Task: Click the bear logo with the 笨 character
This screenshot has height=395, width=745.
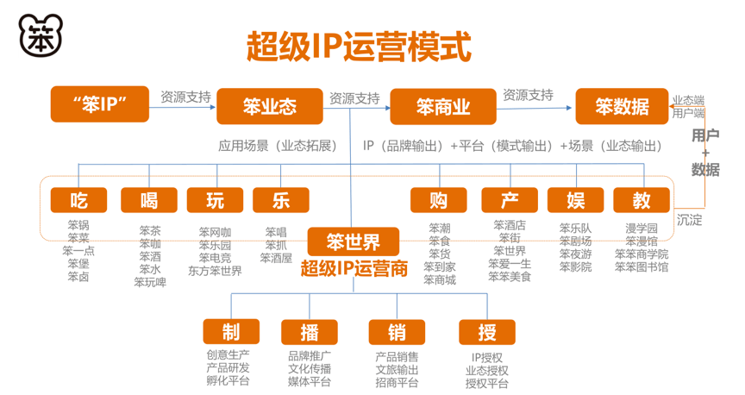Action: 41,35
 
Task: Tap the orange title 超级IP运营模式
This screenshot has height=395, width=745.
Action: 359,47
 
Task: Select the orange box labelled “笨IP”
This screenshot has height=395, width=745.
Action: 100,104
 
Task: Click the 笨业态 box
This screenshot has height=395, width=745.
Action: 270,106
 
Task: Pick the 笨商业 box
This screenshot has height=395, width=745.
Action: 443,106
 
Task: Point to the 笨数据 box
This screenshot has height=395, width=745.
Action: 622,106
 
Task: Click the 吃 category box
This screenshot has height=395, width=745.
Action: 78,200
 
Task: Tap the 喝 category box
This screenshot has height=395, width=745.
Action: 149,200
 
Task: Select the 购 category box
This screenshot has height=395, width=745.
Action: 439,200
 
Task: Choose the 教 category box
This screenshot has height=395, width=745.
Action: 642,200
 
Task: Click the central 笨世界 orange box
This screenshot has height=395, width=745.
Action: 353,242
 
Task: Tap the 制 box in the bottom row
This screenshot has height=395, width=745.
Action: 231,332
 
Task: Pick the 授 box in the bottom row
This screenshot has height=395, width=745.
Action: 487,332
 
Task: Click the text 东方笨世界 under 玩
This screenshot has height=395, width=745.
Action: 216,271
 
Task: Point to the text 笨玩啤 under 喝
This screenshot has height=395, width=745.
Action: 150,282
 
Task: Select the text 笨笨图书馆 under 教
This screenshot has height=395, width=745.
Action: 642,267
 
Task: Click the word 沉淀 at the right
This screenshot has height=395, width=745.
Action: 690,220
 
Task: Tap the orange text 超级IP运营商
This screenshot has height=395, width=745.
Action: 354,269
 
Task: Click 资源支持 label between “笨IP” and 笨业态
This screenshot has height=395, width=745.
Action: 185,97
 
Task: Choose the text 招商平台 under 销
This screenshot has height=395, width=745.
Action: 398,382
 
